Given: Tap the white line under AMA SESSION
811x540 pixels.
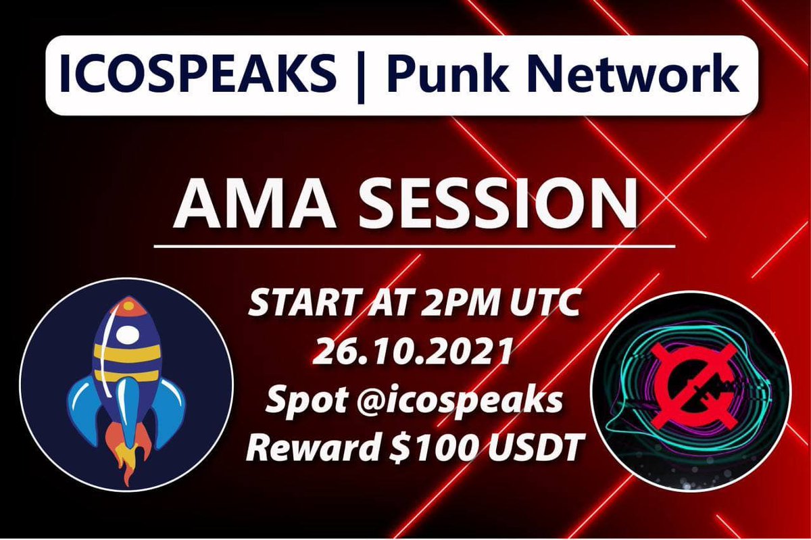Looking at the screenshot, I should pos(414,247).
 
